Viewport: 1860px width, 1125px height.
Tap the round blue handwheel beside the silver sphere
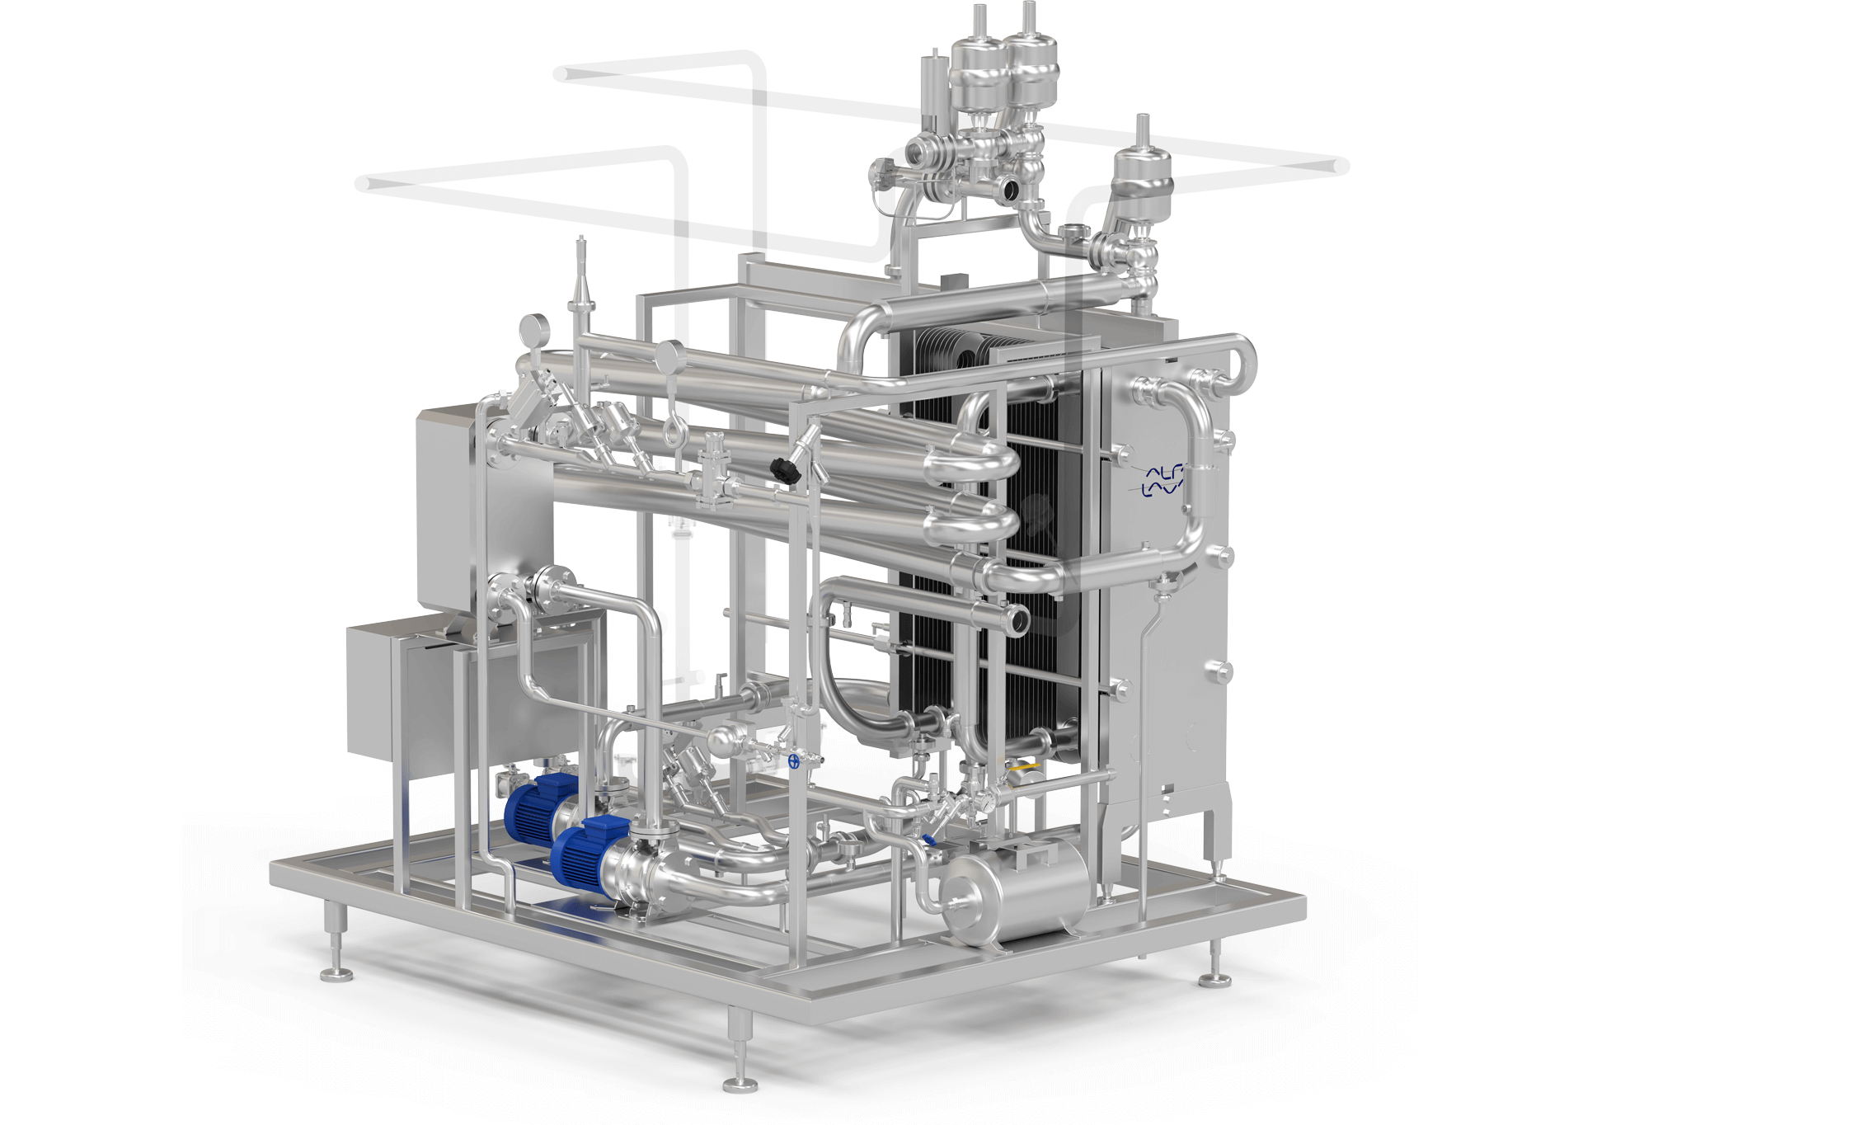click(794, 761)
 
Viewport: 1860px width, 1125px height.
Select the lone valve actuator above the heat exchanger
click(1142, 179)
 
